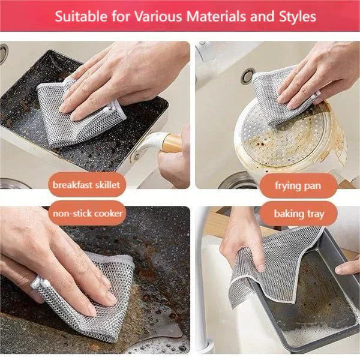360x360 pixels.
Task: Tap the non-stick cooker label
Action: coord(88,213)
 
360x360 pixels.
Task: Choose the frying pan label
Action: coord(298,185)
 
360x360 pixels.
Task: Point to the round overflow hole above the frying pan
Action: coord(247,75)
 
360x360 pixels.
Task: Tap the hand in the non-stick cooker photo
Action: coord(48,258)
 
